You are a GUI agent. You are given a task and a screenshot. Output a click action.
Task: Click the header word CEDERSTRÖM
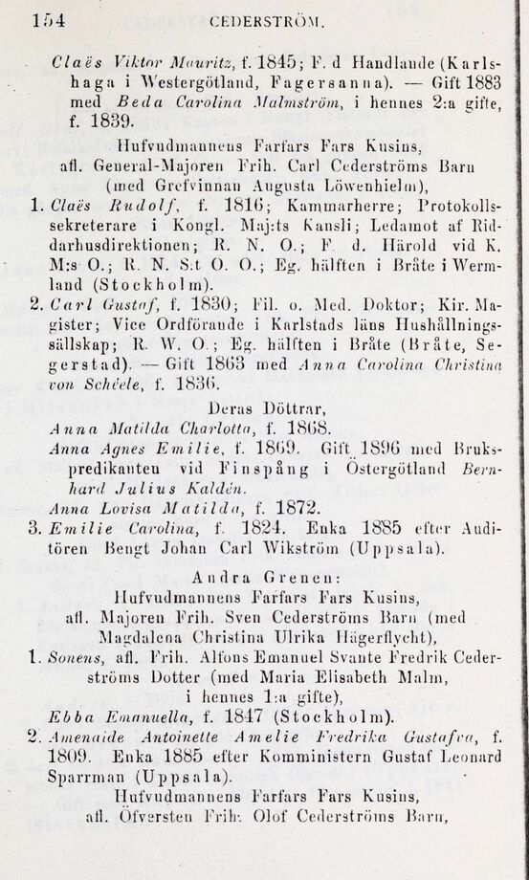coord(273,20)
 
